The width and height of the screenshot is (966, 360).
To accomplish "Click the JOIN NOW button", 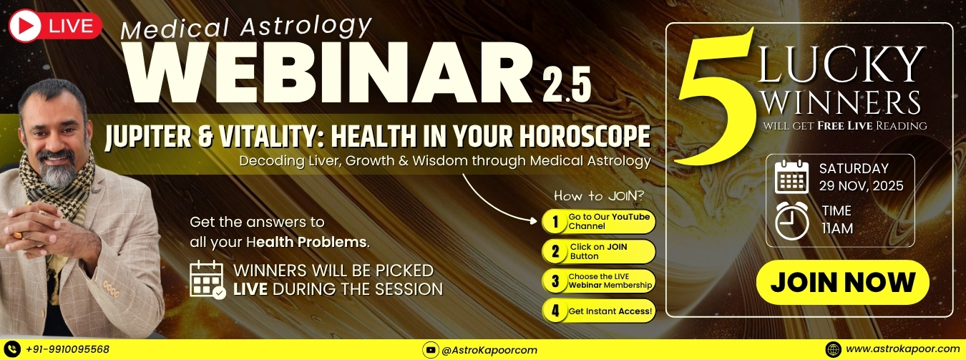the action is tap(842, 283).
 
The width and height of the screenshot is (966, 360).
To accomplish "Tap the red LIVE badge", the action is tap(55, 26).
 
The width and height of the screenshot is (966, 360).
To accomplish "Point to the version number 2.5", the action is tap(566, 85).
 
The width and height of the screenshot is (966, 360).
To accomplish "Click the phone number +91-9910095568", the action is tap(68, 349).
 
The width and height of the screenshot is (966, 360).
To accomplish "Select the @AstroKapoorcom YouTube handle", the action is tap(489, 350).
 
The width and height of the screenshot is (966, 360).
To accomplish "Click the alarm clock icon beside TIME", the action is tap(791, 220).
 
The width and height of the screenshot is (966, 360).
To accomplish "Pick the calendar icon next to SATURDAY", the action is tap(791, 177).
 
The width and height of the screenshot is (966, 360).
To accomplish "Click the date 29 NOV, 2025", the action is tap(862, 186).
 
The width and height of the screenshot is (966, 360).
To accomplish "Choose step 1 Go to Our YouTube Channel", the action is tap(599, 222).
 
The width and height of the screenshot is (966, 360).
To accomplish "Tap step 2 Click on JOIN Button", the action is tap(599, 251).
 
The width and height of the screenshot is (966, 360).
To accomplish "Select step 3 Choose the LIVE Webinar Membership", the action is tap(599, 281).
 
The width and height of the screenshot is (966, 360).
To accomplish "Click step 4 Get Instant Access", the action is tap(599, 311).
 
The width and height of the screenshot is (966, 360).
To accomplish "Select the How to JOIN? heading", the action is tap(599, 196).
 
